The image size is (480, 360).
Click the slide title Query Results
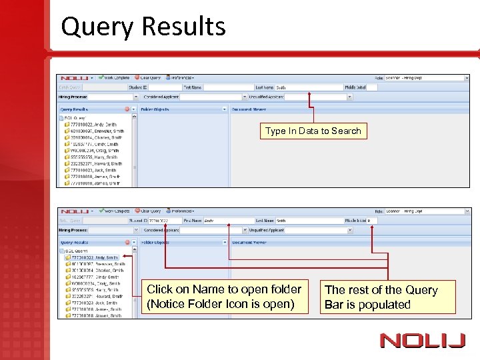[143, 27]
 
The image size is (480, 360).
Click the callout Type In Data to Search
[313, 131]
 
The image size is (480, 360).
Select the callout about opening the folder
[224, 297]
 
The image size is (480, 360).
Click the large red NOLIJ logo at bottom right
[423, 341]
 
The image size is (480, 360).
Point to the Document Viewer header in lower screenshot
[249, 243]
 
